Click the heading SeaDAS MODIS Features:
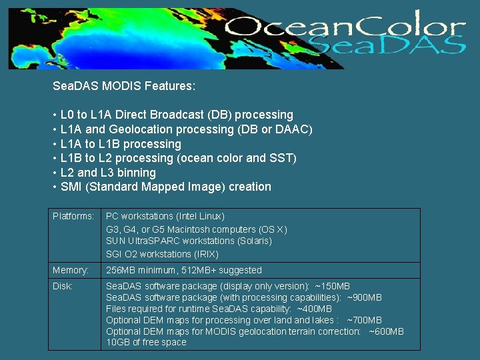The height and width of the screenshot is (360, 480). click(124, 86)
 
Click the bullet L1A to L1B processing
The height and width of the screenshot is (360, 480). click(121, 144)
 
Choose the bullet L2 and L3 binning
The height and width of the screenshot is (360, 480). click(108, 173)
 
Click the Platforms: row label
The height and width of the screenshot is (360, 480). click(73, 217)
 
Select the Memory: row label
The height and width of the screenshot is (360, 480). click(71, 270)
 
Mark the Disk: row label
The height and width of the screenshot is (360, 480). click(63, 286)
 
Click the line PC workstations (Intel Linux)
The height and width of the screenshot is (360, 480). click(165, 217)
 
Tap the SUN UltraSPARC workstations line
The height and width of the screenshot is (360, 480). click(189, 241)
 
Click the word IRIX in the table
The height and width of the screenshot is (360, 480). click(206, 254)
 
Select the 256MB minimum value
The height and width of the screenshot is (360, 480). click(139, 270)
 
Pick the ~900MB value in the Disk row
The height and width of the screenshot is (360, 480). click(365, 297)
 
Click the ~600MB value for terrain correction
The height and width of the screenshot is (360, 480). click(386, 331)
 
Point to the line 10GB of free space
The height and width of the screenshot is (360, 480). click(146, 343)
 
